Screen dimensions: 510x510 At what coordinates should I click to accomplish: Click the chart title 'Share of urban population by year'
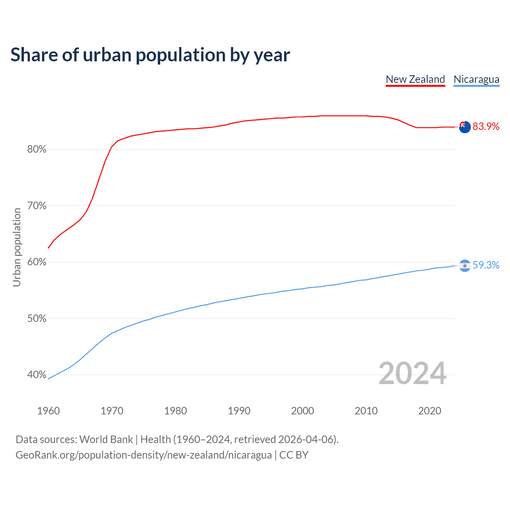pos(150,55)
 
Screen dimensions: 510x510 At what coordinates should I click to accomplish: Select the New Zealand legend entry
pos(415,79)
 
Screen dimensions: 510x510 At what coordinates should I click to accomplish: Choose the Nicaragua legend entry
pos(476,79)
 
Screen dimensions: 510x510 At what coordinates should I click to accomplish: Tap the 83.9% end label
pos(486,127)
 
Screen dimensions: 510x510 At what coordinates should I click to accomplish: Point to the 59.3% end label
pos(486,265)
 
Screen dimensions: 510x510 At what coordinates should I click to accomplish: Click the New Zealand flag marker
pos(465,127)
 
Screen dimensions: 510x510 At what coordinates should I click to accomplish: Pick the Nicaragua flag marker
pos(465,265)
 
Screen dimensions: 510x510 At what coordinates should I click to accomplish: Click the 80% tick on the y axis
pos(37,149)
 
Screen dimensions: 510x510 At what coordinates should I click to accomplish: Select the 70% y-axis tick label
pos(37,206)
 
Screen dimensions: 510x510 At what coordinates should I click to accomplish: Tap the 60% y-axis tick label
pos(37,262)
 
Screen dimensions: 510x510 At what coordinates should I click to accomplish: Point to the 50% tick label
pos(37,319)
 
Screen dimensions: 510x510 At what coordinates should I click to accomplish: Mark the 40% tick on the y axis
pos(37,375)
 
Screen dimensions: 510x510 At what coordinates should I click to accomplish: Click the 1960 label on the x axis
pos(48,411)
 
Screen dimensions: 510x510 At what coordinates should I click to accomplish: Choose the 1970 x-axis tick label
pos(112,411)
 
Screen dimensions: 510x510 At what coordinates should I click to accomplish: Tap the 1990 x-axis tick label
pos(239,411)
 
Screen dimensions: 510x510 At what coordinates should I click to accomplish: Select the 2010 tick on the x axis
pos(366,411)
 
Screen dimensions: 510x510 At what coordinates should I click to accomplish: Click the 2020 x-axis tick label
pos(430,411)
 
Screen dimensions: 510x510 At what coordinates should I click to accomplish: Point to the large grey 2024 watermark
pos(412,373)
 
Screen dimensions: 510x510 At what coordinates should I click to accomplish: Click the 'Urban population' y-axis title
pos(17,247)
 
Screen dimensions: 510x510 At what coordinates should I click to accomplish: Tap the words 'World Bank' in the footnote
pos(106,439)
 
